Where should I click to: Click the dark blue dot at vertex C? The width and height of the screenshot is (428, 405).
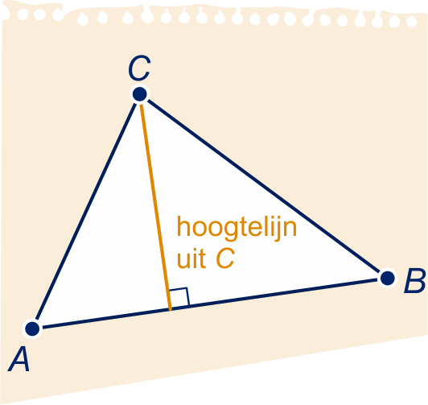click(140, 94)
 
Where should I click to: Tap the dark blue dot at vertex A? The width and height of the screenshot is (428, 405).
click(32, 329)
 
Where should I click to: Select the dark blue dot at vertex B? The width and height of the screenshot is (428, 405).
click(387, 279)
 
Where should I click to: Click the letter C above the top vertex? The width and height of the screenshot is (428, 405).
click(139, 68)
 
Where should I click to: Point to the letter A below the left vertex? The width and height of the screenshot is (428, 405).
click(19, 359)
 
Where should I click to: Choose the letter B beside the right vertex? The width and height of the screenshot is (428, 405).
click(415, 281)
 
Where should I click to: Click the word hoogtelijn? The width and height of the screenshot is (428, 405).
click(237, 229)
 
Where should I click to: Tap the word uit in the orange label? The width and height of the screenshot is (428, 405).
click(191, 258)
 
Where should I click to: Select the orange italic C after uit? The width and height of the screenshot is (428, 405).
click(225, 258)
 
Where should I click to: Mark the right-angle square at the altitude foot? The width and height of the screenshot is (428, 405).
click(179, 297)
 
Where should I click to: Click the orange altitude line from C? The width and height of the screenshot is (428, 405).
click(155, 207)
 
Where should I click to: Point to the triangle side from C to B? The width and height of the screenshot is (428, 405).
click(263, 186)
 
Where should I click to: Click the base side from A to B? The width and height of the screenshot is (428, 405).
click(210, 304)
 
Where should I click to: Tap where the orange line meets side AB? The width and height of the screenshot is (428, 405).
click(171, 309)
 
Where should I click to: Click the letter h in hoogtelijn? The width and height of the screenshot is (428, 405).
click(183, 226)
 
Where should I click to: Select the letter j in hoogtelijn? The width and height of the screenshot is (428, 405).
click(278, 229)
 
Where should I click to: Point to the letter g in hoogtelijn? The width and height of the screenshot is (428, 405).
click(234, 231)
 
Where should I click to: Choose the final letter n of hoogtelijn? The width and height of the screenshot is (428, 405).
click(290, 229)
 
